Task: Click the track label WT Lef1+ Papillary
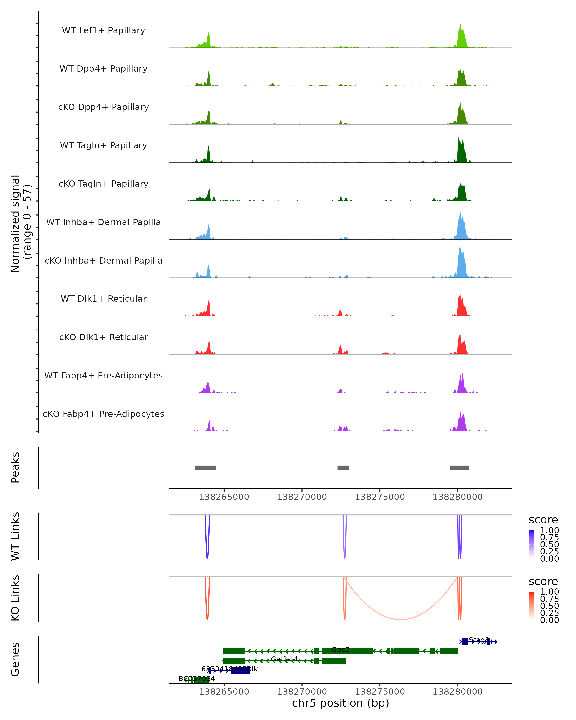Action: (103, 30)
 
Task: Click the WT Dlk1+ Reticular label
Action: (103, 299)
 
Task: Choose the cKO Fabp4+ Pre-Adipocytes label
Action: (103, 414)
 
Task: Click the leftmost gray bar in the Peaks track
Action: (205, 468)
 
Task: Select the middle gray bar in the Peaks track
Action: (343, 468)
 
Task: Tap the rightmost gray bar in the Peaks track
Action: (459, 468)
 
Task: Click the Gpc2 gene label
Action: (340, 649)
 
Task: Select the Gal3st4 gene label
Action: (284, 659)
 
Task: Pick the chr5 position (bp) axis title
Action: (340, 703)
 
